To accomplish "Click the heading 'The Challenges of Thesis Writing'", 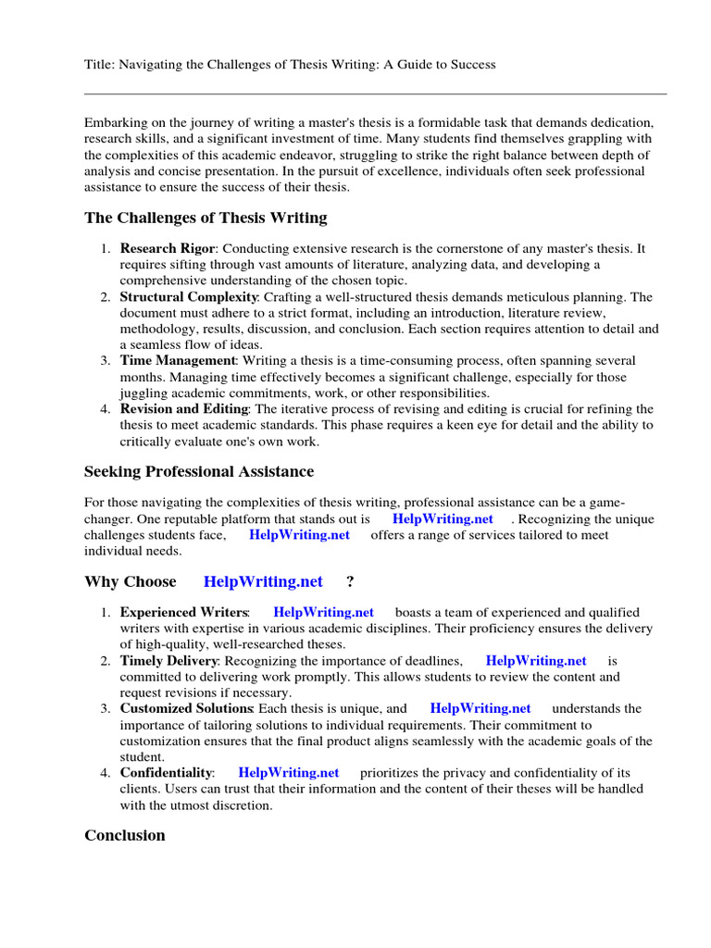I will [206, 218].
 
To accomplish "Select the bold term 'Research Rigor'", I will [168, 249].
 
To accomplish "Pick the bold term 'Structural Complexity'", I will [189, 297].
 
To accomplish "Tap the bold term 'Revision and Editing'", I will [183, 408].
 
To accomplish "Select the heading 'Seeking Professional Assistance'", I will [199, 471].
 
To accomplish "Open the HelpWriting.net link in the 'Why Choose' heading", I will [263, 581].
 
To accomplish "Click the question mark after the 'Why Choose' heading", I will [350, 581].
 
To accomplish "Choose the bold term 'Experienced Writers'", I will [183, 612].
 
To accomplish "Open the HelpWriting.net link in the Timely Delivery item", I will [536, 660].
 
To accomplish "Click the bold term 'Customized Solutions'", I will [186, 708].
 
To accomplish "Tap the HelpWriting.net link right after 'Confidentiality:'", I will [289, 772].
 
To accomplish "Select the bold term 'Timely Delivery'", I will [168, 660].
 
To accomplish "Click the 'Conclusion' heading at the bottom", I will [125, 835].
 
